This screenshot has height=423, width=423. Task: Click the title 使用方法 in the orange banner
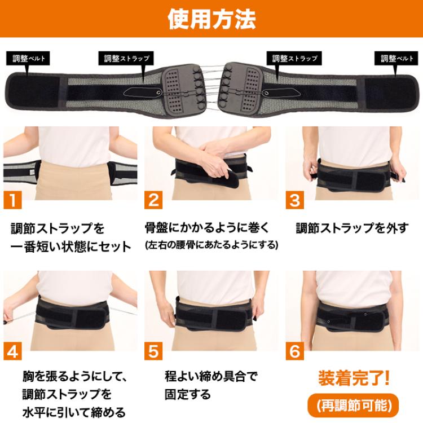[x=211, y=19]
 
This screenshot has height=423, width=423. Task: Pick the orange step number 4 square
[x=13, y=351]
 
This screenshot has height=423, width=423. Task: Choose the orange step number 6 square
[x=294, y=351]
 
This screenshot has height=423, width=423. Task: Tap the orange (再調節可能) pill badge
[x=354, y=404]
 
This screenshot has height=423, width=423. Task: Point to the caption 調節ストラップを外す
[x=352, y=228]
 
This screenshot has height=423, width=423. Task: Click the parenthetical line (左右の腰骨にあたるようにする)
[x=211, y=245]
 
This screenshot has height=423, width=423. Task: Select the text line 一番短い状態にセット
[x=70, y=246]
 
